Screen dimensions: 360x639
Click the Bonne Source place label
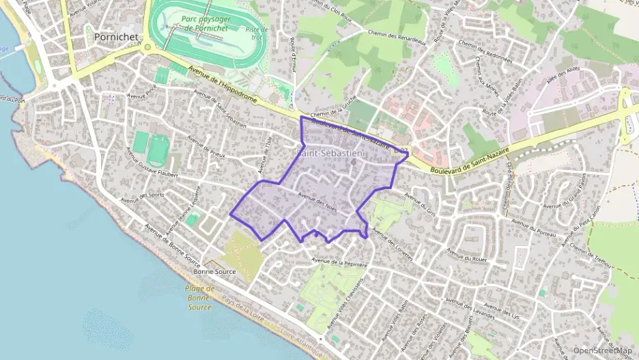tap(214, 271)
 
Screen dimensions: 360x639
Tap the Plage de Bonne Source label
tap(199, 297)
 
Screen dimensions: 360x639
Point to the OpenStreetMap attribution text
tap(603, 350)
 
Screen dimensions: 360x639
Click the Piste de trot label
tap(257, 33)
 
